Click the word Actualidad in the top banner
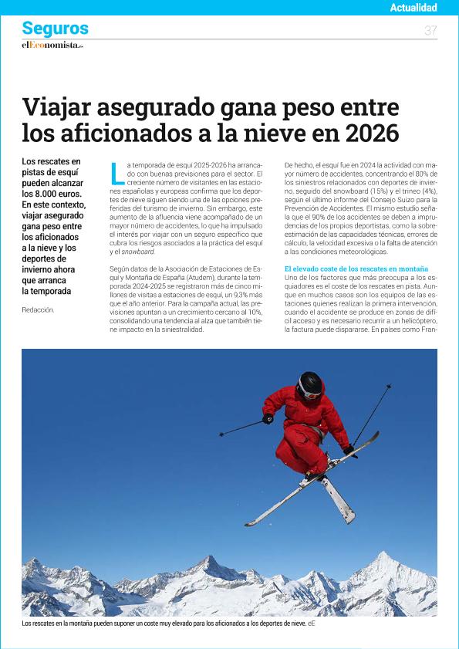(413, 8)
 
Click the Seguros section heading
(55, 29)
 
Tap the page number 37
(430, 30)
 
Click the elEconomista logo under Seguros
(52, 45)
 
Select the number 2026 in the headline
(367, 132)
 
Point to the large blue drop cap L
(117, 173)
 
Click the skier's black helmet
(310, 381)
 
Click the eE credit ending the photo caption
(312, 623)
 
